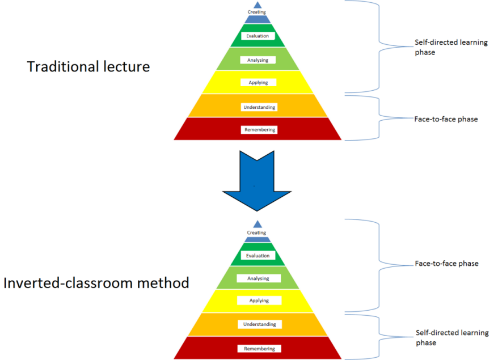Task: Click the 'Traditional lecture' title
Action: [88, 67]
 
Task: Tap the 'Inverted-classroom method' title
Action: [96, 283]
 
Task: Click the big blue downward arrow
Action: [257, 181]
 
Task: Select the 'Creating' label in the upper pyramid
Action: [256, 12]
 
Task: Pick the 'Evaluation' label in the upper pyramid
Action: [258, 36]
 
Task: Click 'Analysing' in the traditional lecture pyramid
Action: [258, 60]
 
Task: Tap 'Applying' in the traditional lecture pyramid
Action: [258, 83]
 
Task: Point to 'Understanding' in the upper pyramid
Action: [259, 107]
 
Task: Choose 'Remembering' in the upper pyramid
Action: [260, 130]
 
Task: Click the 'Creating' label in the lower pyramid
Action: [256, 232]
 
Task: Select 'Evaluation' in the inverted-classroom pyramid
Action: [258, 256]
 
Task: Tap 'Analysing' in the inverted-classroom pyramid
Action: [258, 278]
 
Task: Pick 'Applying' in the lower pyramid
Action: [259, 300]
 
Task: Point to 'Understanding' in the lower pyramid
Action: [259, 324]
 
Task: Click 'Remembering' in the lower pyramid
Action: [259, 349]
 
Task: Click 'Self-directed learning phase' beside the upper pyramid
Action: [451, 47]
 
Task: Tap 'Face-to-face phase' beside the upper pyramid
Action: [446, 119]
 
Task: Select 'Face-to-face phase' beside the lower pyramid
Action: [446, 264]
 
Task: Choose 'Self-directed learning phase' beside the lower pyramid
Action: [452, 337]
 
